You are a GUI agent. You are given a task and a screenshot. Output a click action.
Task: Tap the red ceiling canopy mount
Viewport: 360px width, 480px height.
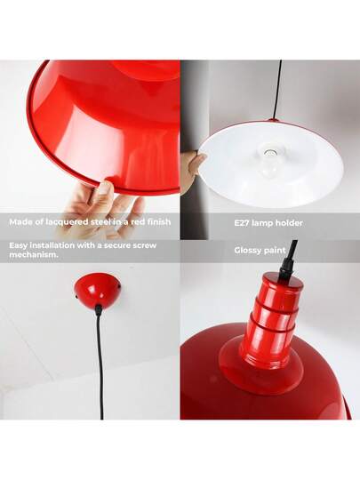tap(98, 287)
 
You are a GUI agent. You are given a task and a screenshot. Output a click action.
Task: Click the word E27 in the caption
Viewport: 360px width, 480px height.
tap(242, 222)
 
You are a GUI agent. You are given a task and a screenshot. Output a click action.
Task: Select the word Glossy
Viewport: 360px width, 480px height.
tap(250, 251)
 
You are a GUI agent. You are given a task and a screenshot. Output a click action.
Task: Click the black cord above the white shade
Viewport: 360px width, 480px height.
tap(279, 89)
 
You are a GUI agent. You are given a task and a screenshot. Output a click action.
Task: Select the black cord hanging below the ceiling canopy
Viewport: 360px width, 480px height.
tap(100, 356)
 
